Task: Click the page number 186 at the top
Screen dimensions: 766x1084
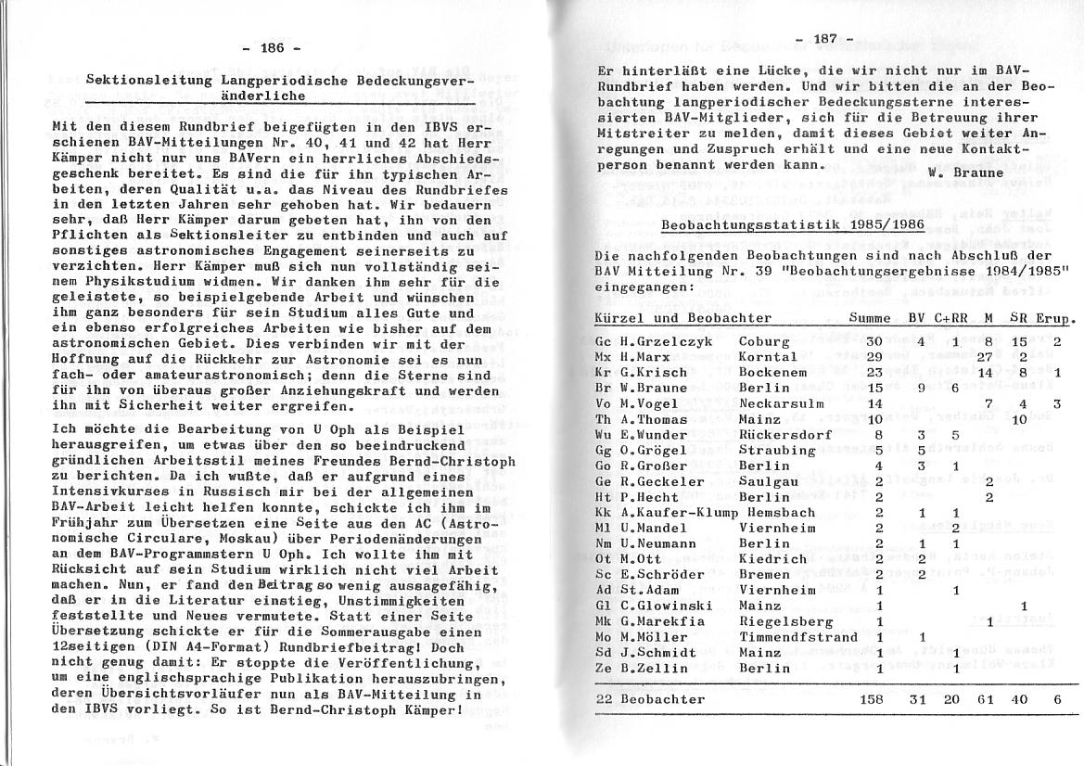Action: pyautogui.click(x=272, y=48)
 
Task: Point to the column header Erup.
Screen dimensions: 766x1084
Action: pyautogui.click(x=1054, y=317)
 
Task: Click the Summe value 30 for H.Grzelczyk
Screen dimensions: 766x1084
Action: pyautogui.click(x=874, y=341)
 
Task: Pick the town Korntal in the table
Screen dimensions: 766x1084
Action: pyautogui.click(x=769, y=357)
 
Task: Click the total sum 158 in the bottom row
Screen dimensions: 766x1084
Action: pyautogui.click(x=874, y=699)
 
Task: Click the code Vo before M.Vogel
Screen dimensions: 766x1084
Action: pyautogui.click(x=603, y=403)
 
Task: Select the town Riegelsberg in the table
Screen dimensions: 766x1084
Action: pyautogui.click(x=781, y=621)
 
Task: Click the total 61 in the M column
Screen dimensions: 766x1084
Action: pyautogui.click(x=986, y=699)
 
